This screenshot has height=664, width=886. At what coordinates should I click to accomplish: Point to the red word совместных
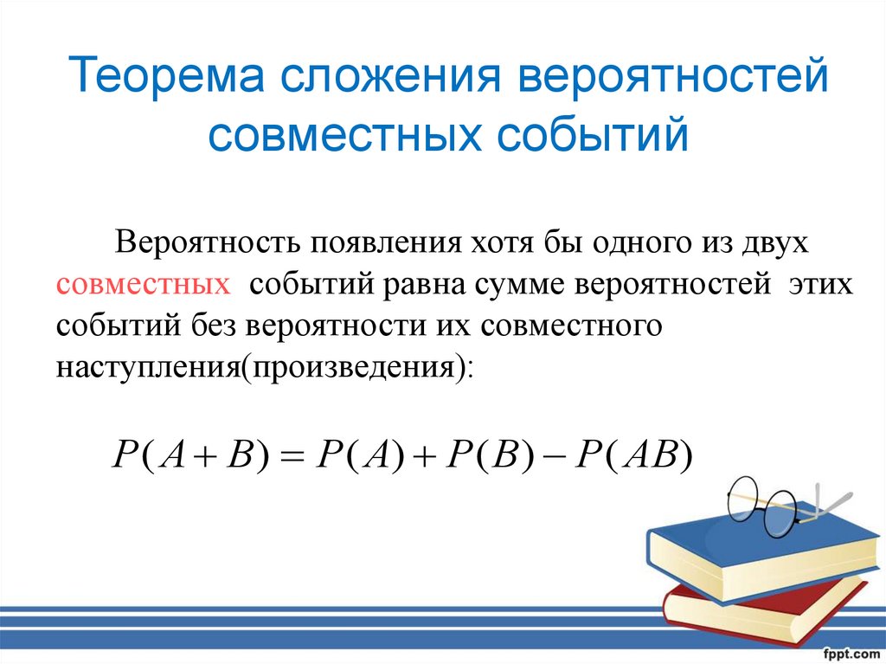(x=144, y=286)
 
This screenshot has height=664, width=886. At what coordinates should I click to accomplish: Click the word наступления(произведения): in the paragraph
(x=265, y=367)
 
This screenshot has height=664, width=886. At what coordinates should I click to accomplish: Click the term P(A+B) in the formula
(x=191, y=455)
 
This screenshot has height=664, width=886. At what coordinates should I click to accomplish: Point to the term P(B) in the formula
(x=484, y=455)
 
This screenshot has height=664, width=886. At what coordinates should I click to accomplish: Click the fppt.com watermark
(x=851, y=652)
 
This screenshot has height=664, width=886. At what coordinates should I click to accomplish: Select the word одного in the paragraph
(x=632, y=241)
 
